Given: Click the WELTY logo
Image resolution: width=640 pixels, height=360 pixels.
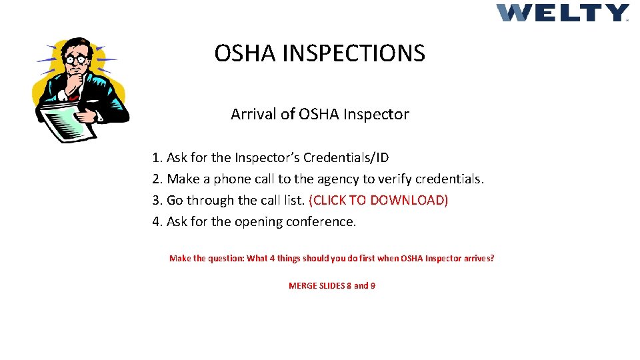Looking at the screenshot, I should (x=562, y=13).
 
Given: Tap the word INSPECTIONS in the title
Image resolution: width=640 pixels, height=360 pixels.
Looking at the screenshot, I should (x=353, y=53).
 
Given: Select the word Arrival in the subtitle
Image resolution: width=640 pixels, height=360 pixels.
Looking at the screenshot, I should (x=253, y=114).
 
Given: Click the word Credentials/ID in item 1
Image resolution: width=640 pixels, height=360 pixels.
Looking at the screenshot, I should (x=346, y=158).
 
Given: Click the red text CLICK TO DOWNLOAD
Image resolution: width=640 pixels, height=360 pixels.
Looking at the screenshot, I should (x=379, y=201).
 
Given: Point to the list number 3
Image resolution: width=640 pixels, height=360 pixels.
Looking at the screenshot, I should (x=156, y=201).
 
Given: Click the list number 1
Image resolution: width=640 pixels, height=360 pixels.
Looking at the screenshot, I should (x=156, y=158).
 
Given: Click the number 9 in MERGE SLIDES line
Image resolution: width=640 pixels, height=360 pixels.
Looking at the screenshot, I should (x=373, y=286).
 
